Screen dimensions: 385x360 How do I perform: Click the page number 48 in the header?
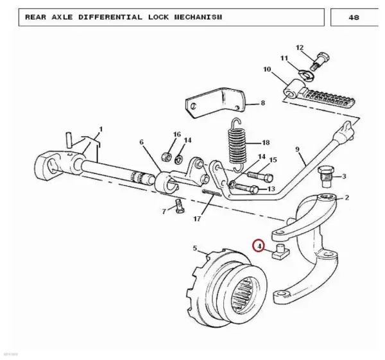(x=354, y=17)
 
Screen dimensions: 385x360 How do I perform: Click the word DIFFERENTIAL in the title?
(x=110, y=17)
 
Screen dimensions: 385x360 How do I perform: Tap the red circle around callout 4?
(x=259, y=245)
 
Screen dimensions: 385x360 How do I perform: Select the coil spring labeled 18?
(x=236, y=146)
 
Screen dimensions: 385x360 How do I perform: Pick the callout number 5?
(x=194, y=248)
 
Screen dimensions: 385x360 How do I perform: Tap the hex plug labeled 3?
(x=325, y=176)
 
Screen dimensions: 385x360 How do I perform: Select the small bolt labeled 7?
(x=180, y=206)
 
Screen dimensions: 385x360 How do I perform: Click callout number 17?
(x=197, y=219)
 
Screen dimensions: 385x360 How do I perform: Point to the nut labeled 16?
(x=166, y=156)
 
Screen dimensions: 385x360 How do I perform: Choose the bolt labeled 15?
(x=260, y=176)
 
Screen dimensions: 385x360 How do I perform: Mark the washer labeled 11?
(x=307, y=75)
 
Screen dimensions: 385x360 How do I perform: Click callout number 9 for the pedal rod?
(x=297, y=149)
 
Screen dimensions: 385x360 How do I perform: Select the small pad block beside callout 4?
(x=281, y=252)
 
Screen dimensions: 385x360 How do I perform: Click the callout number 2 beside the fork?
(x=346, y=198)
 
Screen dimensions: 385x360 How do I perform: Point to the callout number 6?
(x=141, y=142)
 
